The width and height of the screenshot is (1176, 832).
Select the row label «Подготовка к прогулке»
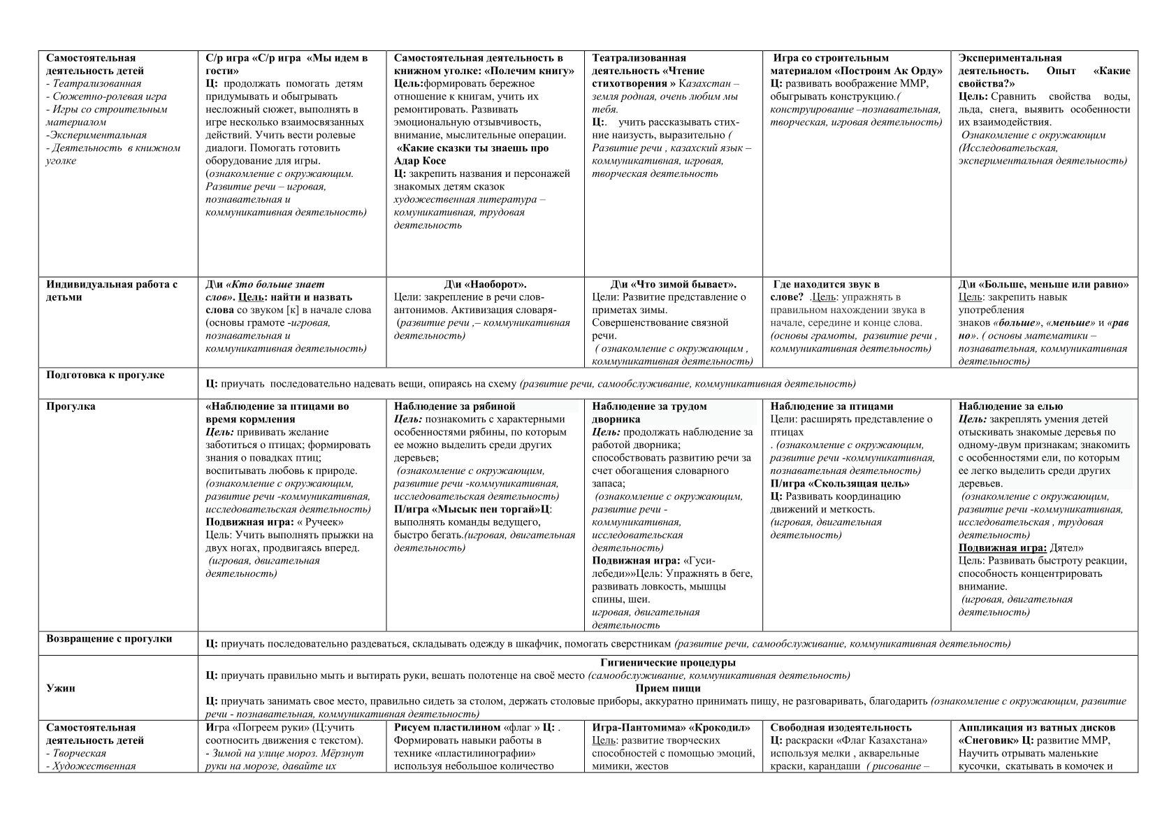[x=106, y=375]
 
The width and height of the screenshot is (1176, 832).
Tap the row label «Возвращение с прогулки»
[x=109, y=638]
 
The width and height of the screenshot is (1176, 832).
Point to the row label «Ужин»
[x=61, y=688]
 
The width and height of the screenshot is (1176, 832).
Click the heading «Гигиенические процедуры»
[x=667, y=662]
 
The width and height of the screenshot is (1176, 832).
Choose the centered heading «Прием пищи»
[x=667, y=688]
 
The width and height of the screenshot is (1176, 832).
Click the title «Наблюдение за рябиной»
[x=454, y=406]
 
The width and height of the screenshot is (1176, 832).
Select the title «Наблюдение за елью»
[x=1010, y=406]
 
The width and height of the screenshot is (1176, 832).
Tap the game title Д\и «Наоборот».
[x=485, y=285]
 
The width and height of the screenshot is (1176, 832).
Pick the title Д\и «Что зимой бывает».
[x=674, y=285]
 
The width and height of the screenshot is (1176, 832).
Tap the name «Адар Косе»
[x=420, y=161]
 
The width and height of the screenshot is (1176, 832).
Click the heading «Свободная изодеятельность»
[x=841, y=728]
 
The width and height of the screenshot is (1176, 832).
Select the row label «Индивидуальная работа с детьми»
[x=112, y=290]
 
